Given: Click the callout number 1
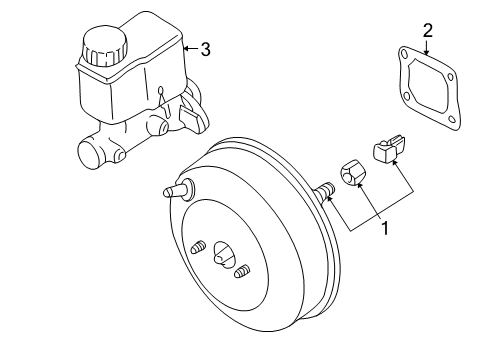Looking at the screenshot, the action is (385, 229).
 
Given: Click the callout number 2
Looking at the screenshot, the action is (428, 30).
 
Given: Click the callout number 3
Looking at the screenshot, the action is (206, 49).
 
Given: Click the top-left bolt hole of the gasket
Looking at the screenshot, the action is (404, 53).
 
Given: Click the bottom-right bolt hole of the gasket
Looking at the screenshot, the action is (451, 119).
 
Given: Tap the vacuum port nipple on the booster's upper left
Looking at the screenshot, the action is (179, 190).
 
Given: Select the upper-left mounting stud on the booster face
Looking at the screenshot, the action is (198, 247).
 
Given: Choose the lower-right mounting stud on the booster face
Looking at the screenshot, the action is (242, 271).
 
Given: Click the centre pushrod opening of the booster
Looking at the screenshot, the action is (223, 254).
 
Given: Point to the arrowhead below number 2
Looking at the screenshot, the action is (426, 51).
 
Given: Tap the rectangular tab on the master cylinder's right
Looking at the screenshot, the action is (190, 119).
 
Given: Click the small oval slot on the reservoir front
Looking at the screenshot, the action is (161, 90).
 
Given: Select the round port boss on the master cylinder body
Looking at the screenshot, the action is (157, 125).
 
